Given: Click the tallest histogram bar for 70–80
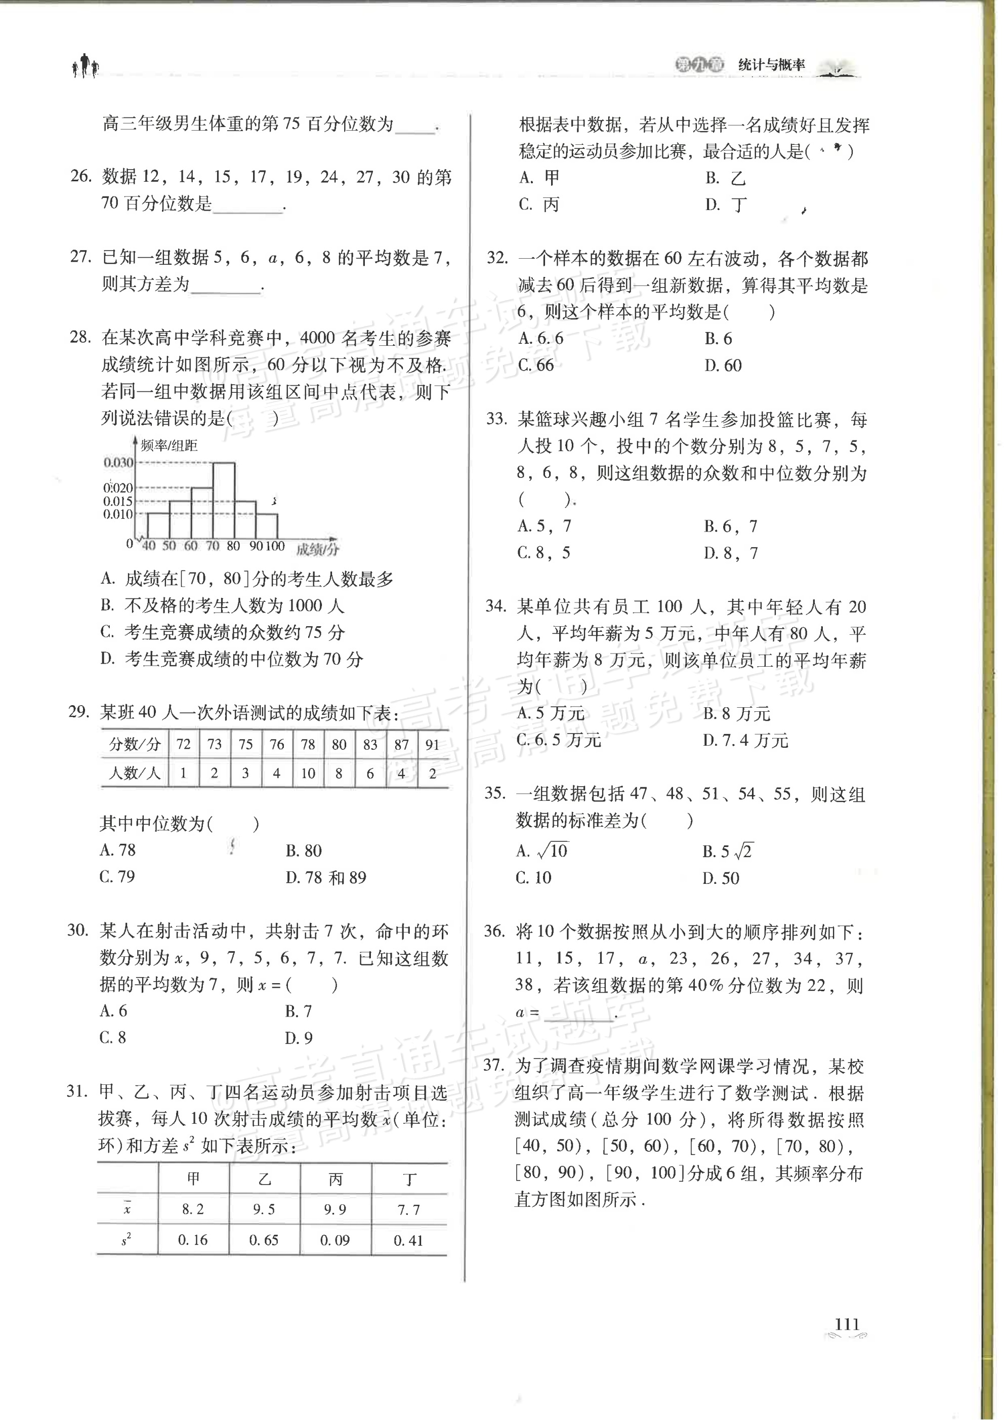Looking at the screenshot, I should tap(223, 500).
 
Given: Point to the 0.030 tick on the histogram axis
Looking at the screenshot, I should tap(118, 463).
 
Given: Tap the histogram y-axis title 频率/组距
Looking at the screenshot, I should tap(169, 445).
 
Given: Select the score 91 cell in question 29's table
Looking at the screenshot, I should tap(432, 745).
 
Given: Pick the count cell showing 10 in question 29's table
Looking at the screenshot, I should tap(308, 773).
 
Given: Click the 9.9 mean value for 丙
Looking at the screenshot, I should tap(334, 1209).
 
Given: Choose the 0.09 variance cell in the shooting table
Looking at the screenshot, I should tap(334, 1240).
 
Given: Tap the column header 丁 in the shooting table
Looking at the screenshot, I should tap(409, 1179).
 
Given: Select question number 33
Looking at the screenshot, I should tap(496, 419).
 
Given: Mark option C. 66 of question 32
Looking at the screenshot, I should tap(536, 366).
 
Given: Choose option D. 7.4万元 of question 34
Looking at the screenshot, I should tap(745, 740).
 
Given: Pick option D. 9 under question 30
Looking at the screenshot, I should tap(299, 1038).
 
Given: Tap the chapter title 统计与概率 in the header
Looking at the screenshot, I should tap(772, 65).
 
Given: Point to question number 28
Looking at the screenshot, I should tap(80, 337).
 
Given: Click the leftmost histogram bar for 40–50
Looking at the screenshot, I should tap(158, 525).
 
